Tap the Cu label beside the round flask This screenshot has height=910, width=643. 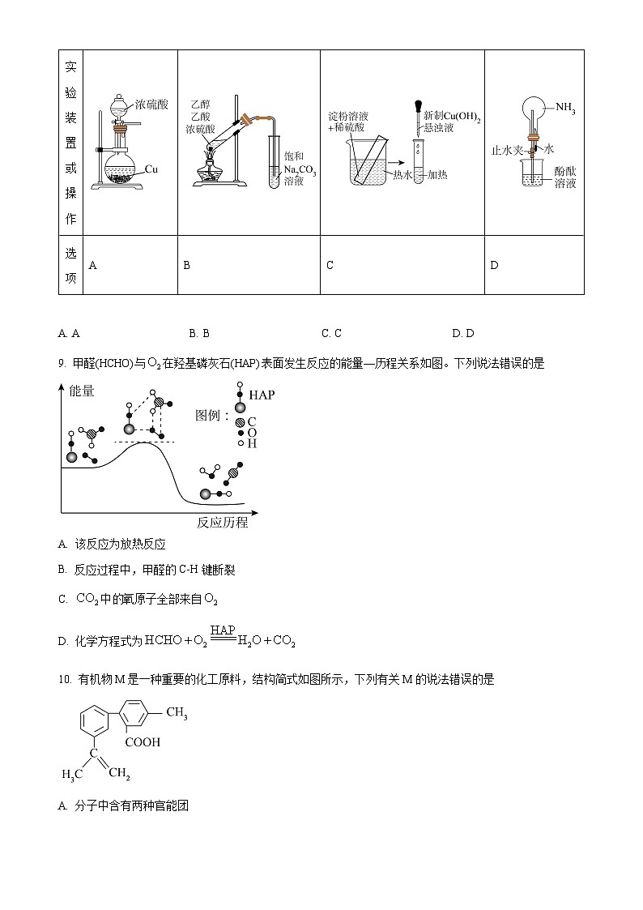coord(151,169)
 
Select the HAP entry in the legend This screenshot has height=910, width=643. coord(262,395)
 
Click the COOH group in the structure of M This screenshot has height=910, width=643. coord(143,741)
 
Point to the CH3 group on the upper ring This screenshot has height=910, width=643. coord(177,713)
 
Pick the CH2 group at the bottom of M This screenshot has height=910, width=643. coord(118,774)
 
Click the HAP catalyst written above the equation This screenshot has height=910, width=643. coord(222,630)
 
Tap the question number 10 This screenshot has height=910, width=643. coord(65,680)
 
